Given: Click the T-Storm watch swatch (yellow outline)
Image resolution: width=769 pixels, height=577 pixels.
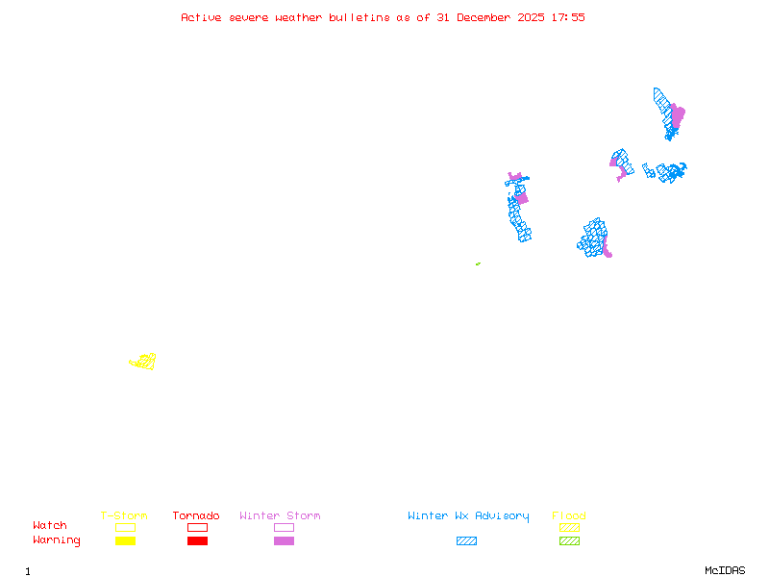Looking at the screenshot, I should pyautogui.click(x=125, y=527).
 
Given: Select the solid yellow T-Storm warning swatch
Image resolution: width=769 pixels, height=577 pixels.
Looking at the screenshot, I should pyautogui.click(x=125, y=540).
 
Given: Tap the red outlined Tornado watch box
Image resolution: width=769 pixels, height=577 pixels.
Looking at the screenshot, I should pyautogui.click(x=197, y=527).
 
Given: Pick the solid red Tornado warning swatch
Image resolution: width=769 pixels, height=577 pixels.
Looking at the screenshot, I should pyautogui.click(x=197, y=540).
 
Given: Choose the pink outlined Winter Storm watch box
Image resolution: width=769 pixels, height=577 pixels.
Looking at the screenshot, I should pyautogui.click(x=284, y=527).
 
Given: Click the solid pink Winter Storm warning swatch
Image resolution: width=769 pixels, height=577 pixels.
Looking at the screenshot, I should pyautogui.click(x=284, y=540).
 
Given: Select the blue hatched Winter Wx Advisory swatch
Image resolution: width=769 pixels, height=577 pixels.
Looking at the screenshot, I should pyautogui.click(x=466, y=540).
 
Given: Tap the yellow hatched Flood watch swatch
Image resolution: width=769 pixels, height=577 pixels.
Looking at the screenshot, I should pyautogui.click(x=569, y=527).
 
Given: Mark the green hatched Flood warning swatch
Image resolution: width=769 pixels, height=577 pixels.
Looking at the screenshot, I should pyautogui.click(x=569, y=540).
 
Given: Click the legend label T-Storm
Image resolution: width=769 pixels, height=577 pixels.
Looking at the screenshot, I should pyautogui.click(x=124, y=515).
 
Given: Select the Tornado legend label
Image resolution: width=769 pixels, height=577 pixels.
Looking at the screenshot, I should pyautogui.click(x=196, y=515).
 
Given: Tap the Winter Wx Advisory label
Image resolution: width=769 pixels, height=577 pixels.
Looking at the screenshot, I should pyautogui.click(x=468, y=515).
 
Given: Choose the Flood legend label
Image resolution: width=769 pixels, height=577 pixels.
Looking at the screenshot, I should pyautogui.click(x=569, y=515).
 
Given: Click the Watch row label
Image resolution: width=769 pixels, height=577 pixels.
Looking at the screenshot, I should pyautogui.click(x=50, y=526).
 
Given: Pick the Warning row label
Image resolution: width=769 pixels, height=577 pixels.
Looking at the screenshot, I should pyautogui.click(x=57, y=540).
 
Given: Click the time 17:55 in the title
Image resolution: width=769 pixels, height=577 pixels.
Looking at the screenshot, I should pyautogui.click(x=568, y=17).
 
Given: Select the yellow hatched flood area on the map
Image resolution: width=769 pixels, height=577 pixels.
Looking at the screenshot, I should pyautogui.click(x=144, y=362).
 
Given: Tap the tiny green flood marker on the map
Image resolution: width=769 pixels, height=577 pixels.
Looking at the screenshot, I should pyautogui.click(x=478, y=263).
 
